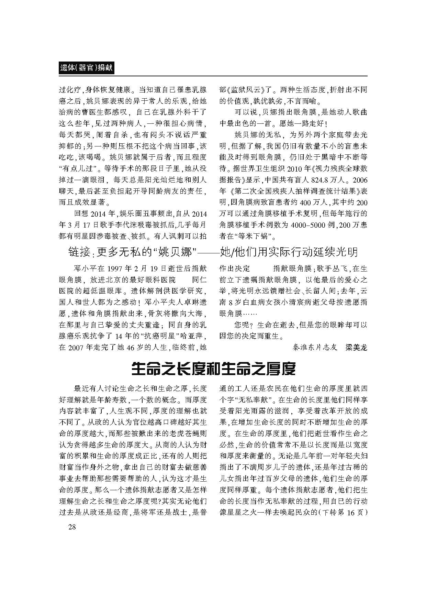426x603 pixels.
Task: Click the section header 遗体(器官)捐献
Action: click(x=86, y=68)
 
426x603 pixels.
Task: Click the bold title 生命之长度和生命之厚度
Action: click(x=213, y=369)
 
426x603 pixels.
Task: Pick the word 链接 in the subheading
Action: click(x=80, y=253)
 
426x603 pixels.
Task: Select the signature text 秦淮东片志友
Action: click(x=315, y=347)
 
